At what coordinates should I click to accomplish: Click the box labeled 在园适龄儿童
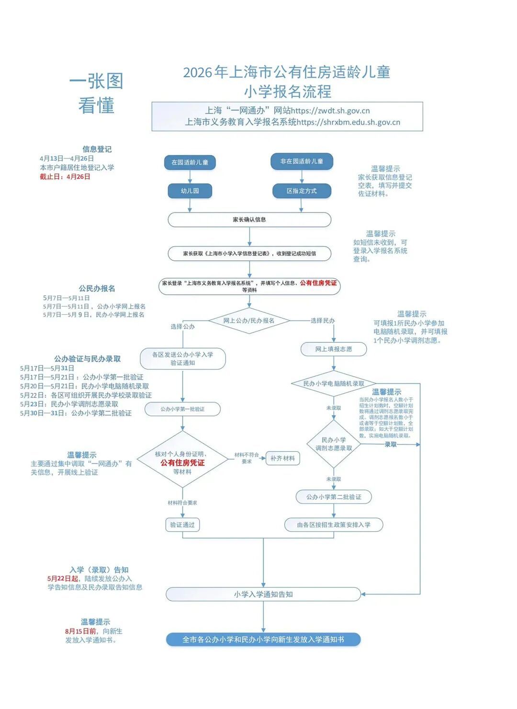[190, 162]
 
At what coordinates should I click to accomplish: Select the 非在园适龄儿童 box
[302, 161]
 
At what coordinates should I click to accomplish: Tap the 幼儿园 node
[190, 191]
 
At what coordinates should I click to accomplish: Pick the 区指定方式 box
[302, 191]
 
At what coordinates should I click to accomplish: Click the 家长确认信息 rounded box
[249, 219]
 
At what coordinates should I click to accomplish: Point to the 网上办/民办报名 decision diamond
[249, 320]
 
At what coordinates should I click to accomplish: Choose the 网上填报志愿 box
[334, 349]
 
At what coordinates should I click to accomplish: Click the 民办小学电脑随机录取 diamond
[334, 383]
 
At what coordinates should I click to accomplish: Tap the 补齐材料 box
[282, 458]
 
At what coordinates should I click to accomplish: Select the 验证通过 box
[182, 525]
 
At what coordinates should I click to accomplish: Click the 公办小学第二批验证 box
[334, 497]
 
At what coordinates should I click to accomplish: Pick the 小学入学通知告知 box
[263, 594]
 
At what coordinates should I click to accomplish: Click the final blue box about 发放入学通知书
[263, 640]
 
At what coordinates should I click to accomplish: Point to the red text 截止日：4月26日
[65, 177]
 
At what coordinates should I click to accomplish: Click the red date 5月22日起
[63, 579]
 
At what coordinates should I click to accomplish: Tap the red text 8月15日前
[80, 631]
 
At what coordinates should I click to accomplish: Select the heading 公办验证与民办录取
[87, 359]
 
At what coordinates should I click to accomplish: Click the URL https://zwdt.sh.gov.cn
[330, 111]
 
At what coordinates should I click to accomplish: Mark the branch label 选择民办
[323, 320]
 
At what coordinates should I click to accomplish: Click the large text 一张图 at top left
[96, 81]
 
